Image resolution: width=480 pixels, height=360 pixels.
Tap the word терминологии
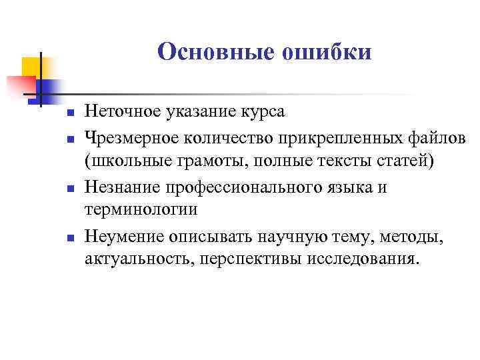point(141,209)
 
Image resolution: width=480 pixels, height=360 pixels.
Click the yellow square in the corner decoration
point(31,67)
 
